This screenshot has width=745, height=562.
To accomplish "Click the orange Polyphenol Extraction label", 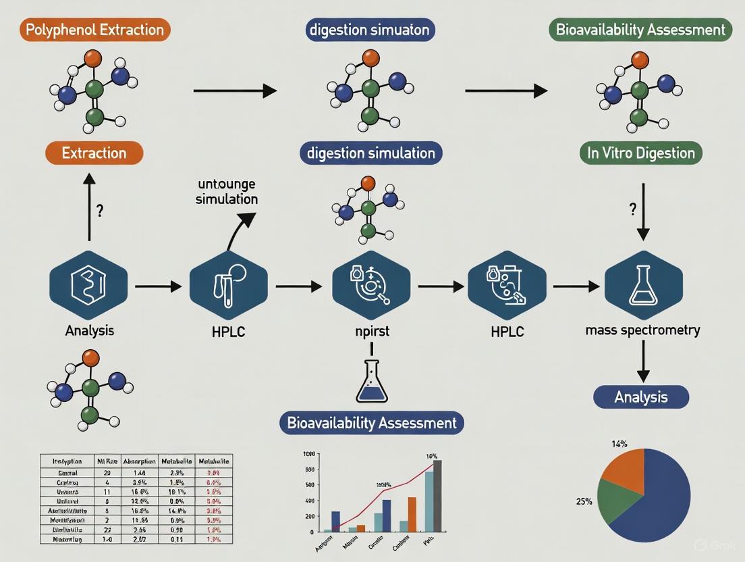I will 94,30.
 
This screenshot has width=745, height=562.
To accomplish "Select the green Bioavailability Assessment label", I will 640,30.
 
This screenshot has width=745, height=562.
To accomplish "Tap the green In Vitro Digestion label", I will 640,153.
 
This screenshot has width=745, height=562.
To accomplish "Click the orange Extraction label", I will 94,153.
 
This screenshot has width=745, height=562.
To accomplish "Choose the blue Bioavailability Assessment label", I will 372,424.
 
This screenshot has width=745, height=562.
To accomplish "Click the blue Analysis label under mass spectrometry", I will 640,397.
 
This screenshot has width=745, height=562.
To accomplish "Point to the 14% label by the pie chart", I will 619,444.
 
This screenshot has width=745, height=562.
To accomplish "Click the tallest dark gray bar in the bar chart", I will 437,496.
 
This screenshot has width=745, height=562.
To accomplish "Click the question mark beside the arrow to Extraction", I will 99,211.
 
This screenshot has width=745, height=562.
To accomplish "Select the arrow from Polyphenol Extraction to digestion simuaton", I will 234,91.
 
